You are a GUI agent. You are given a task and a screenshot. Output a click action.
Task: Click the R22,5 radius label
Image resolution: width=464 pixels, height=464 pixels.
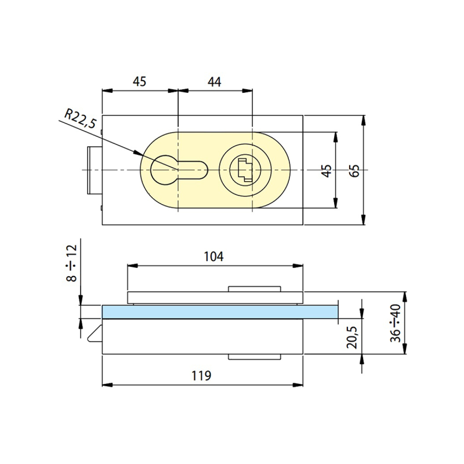coord(80,119)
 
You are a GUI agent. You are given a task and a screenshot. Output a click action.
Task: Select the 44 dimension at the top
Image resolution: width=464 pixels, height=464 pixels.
coord(214,82)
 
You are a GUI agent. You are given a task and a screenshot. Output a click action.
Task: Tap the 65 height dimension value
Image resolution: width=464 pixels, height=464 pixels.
coord(355,171)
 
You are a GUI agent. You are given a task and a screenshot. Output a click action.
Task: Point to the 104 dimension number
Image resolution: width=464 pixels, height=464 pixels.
coord(213,256)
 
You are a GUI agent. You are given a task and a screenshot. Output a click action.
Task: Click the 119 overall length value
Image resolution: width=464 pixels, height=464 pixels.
coord(201,375)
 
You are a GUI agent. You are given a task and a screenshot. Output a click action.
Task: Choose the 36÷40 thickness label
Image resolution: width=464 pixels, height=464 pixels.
coord(395,323)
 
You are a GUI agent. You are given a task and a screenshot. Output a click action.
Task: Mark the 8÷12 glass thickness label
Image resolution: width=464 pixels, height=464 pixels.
coord(72,263)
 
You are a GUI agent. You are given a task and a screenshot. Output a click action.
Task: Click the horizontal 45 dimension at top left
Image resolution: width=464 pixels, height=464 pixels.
coord(140,82)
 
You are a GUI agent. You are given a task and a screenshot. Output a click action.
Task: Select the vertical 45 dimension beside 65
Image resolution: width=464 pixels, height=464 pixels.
coord(326,171)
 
